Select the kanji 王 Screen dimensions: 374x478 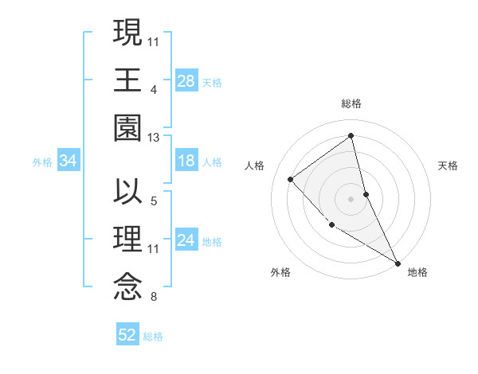[128, 80]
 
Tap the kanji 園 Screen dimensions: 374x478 [128, 127]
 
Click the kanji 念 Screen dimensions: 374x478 [128, 286]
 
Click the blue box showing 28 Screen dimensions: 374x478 [186, 80]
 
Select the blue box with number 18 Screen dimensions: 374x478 [186, 162]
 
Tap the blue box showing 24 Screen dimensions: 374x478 [186, 241]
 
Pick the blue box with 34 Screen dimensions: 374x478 [69, 162]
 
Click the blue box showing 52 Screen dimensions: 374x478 [127, 335]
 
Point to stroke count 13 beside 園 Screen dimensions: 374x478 [154, 138]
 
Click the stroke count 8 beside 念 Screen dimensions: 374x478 [153, 298]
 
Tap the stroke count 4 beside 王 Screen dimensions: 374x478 [153, 90]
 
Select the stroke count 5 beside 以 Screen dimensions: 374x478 [153, 202]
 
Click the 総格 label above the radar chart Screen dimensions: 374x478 [351, 103]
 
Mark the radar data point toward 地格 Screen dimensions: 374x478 [397, 263]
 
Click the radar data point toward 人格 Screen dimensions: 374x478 [291, 179]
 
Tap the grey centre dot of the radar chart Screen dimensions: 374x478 [351, 198]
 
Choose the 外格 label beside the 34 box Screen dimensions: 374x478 [41, 162]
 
